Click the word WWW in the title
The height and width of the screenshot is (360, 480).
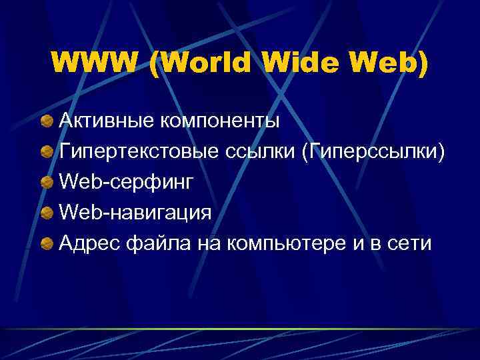95,63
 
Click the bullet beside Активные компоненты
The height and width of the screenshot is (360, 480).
47,121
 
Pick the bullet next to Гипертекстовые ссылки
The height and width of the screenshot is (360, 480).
47,152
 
